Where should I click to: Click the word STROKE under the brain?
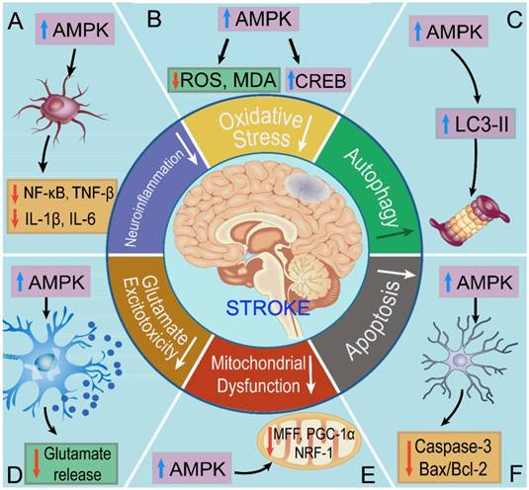pyautogui.click(x=268, y=307)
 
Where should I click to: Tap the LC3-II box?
pyautogui.click(x=476, y=123)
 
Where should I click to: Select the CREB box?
pyautogui.click(x=318, y=80)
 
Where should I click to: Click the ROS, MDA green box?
pyautogui.click(x=224, y=80)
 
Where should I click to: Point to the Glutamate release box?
pyautogui.click(x=71, y=463)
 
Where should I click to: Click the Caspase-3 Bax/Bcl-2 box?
pyautogui.click(x=450, y=457)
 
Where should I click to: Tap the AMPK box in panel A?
pyautogui.click(x=75, y=30)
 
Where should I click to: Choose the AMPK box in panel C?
pyautogui.click(x=449, y=32)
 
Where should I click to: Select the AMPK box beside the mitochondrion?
pyautogui.click(x=192, y=468)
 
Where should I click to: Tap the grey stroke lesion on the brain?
pyautogui.click(x=307, y=187)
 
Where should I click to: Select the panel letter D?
pyautogui.click(x=13, y=474)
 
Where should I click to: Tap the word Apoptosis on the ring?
pyautogui.click(x=373, y=320)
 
